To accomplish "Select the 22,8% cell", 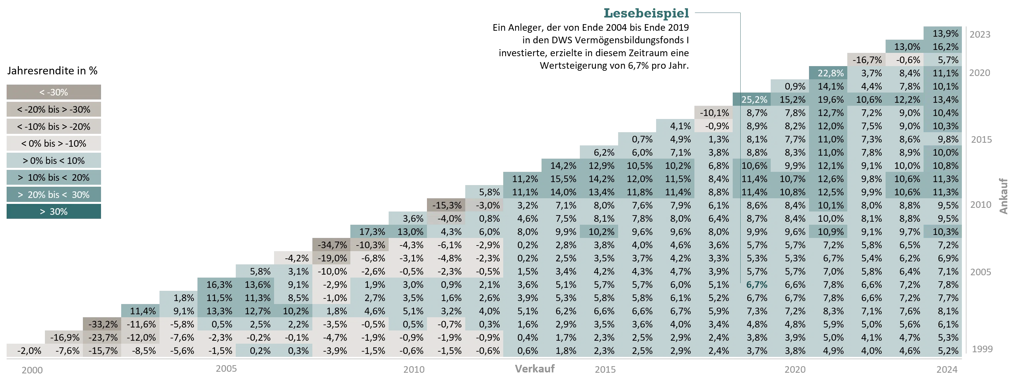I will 830,73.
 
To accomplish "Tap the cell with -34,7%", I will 332,245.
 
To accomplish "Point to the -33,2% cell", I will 103,324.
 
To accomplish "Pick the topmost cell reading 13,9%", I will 945,34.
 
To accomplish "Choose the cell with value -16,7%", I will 867,60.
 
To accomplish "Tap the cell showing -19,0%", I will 332,258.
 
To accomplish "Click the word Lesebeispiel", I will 646,13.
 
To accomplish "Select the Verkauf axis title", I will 535,369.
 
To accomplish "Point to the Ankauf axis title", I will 1003,196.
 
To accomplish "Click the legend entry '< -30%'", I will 54,92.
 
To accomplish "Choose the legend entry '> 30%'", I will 54,212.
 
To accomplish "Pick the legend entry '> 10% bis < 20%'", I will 54,178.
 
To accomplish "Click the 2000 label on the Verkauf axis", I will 32,370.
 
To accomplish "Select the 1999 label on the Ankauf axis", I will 982,349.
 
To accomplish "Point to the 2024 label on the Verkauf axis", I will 947,369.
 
